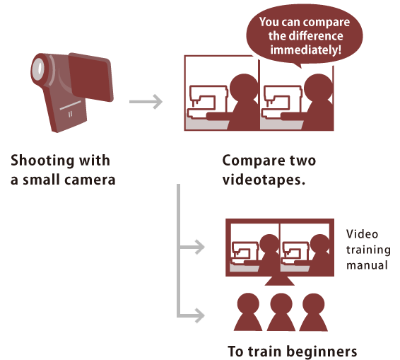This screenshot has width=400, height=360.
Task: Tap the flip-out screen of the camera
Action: pos(91,77)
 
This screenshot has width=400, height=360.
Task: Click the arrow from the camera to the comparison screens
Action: pos(146,102)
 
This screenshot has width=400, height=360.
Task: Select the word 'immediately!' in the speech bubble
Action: pos(305,50)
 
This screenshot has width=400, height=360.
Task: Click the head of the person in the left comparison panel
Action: pos(244,87)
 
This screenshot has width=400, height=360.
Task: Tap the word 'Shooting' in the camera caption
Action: pos(42,161)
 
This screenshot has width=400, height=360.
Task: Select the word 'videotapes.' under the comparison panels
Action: pos(264,180)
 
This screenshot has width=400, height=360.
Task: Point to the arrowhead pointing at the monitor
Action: pos(199,247)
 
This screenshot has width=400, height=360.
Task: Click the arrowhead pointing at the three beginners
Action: pos(199,315)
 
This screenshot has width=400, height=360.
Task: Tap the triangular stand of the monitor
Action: pos(280,281)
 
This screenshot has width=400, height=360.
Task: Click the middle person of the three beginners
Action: pos(281,312)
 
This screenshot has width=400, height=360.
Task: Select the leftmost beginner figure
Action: pos(248,312)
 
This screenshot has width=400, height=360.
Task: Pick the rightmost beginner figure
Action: pos(314,312)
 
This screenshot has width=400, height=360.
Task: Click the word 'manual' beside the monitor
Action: pos(367,265)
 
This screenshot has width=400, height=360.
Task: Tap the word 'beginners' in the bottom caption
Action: pos(322,352)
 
